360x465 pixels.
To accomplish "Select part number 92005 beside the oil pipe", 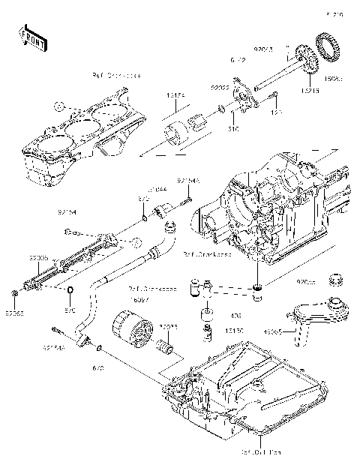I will click(x=39, y=257).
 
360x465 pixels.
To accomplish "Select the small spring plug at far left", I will click(x=14, y=291).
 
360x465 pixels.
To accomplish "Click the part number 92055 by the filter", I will click(x=168, y=326).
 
